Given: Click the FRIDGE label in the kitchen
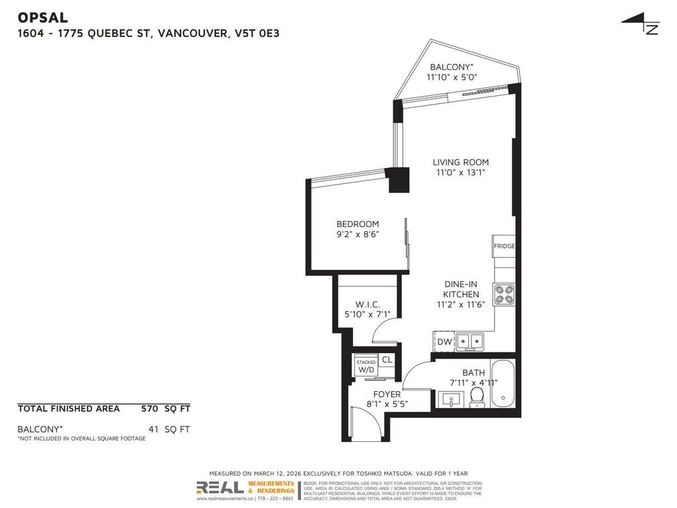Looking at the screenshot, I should point(504,246).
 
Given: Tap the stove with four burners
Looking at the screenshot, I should point(504,294).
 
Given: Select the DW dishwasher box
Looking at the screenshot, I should point(444,342).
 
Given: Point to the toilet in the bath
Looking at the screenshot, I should point(477,396).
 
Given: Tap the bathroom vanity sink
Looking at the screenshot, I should point(453,399).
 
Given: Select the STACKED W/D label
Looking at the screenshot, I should point(366,366).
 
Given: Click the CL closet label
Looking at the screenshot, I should point(387,360).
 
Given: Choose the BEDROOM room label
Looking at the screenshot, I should point(358,224).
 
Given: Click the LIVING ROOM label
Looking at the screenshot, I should point(461,162).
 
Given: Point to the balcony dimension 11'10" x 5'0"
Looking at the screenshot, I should point(452,77).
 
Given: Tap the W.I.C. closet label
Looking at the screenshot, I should point(368,304).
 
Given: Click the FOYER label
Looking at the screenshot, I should point(387,394).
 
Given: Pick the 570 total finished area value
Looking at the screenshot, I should point(149,409).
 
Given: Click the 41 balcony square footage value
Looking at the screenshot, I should point(153,429).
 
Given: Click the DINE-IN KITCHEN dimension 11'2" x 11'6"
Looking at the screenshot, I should point(461,304).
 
